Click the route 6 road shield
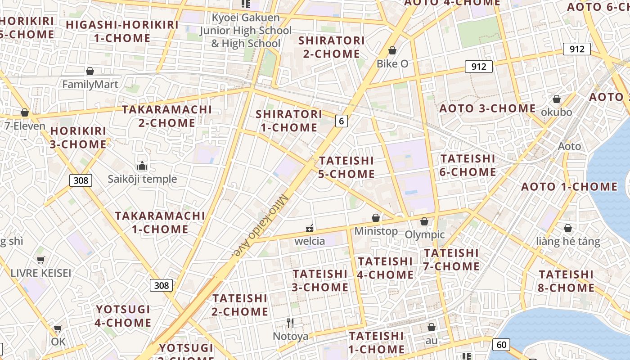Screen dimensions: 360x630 [x=342, y=121]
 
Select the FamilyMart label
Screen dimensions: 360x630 [x=90, y=84]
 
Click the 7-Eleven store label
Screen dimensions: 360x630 [x=25, y=126]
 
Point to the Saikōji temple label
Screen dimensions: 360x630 [x=142, y=179]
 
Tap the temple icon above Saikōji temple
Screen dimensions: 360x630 [x=142, y=166]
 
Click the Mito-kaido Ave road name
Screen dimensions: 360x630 [x=261, y=225]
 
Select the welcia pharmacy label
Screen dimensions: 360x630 [x=310, y=241]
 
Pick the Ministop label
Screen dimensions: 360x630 [x=376, y=231]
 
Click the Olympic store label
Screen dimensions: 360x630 [x=424, y=234]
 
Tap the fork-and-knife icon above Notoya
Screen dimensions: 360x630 [x=290, y=323]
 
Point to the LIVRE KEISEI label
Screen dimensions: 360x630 [x=40, y=273]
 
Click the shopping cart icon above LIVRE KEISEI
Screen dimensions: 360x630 [x=41, y=260]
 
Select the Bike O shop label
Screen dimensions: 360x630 [x=392, y=63]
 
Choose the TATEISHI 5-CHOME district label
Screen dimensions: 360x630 [x=346, y=167]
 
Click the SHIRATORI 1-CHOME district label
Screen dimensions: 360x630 [x=289, y=121]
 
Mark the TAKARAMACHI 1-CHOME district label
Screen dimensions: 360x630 [x=160, y=222]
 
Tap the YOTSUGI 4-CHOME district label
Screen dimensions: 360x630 [x=123, y=316]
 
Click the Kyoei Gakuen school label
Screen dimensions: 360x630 [x=246, y=31]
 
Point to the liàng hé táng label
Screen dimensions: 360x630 [x=568, y=241]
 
